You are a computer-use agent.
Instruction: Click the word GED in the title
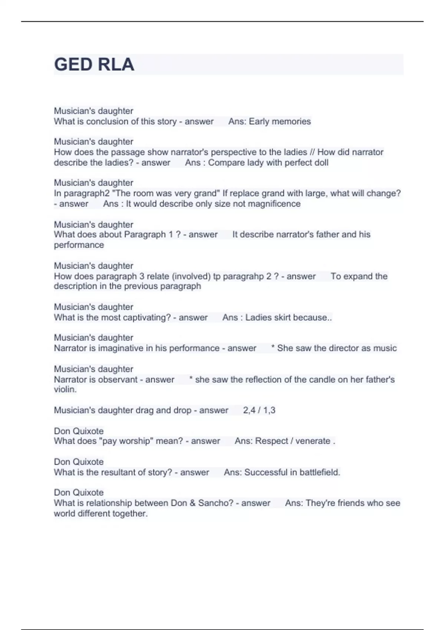[x=73, y=64]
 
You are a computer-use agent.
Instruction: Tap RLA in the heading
[x=116, y=64]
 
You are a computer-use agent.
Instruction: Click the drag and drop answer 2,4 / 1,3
[x=259, y=410]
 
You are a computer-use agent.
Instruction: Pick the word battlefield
[x=319, y=472]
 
